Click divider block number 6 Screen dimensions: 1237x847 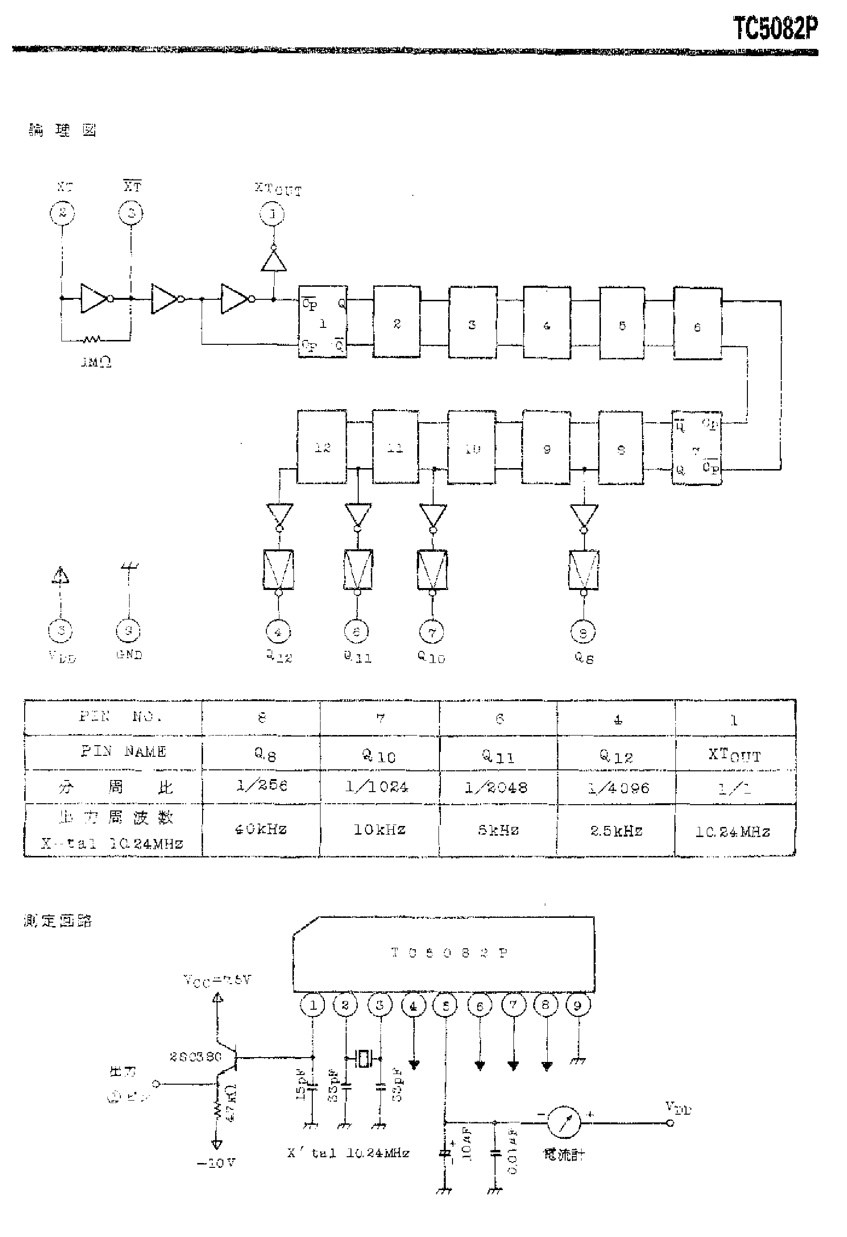[x=698, y=324]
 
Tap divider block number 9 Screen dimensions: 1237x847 [x=546, y=447]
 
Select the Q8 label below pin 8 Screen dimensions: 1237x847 [x=584, y=658]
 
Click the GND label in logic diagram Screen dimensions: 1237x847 [x=129, y=655]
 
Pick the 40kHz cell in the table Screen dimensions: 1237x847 [x=261, y=829]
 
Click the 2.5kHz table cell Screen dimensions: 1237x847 [x=616, y=830]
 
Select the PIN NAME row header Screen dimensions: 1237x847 [x=123, y=751]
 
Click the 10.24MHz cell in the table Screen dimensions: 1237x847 [x=733, y=831]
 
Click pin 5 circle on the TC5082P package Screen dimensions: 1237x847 [x=446, y=1005]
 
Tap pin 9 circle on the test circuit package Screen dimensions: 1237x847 [x=578, y=1005]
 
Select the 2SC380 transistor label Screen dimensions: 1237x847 [x=195, y=1057]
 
